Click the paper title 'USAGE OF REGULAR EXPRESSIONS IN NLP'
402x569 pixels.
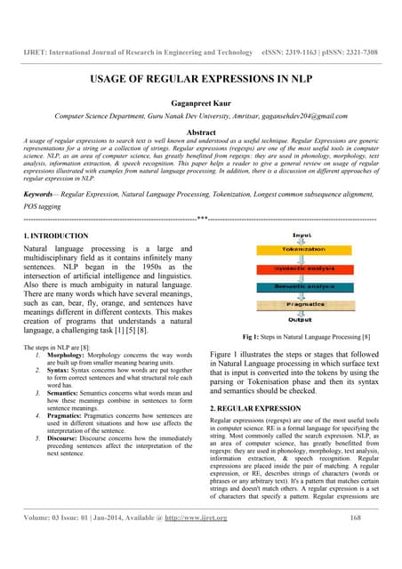pyautogui.click(x=200, y=80)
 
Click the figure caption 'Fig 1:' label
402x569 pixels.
pyautogui.click(x=252, y=338)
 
